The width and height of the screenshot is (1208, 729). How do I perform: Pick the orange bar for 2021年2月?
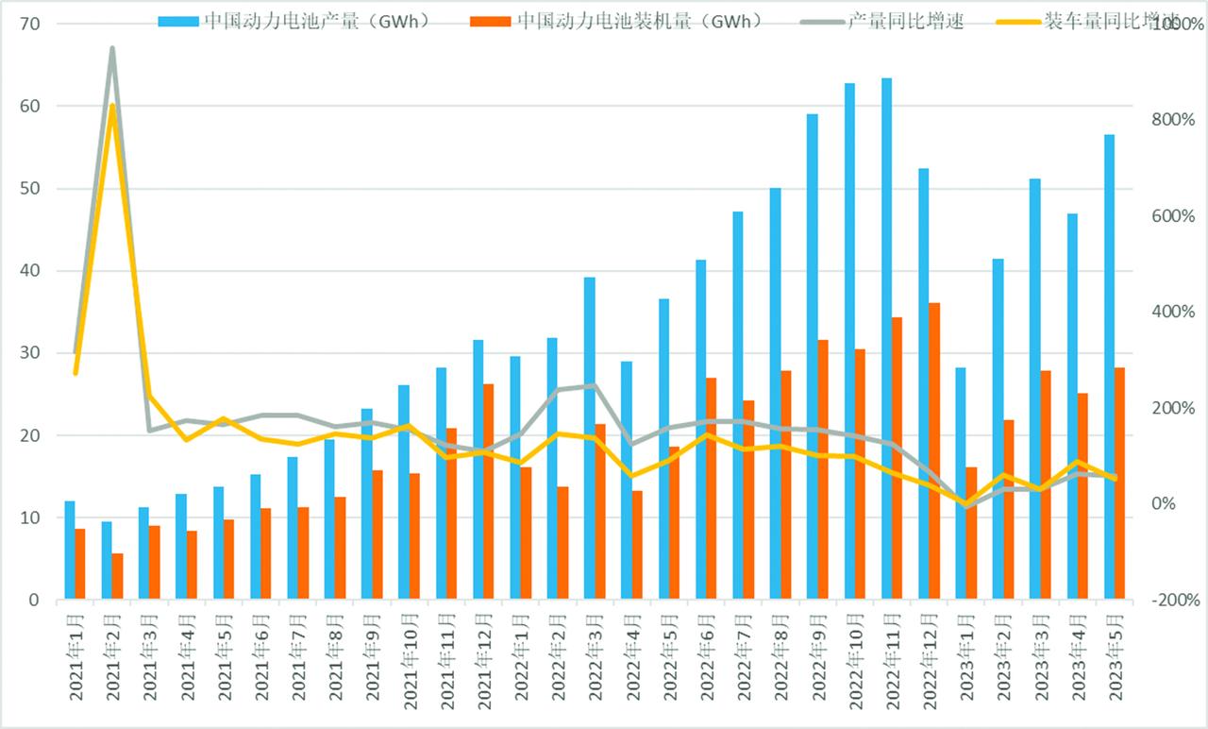point(117,576)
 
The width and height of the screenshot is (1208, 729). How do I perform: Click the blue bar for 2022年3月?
point(589,438)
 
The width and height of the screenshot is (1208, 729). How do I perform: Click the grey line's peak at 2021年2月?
point(112,48)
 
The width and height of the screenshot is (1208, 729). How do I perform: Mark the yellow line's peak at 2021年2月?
point(112,105)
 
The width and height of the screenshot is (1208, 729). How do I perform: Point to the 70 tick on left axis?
point(29,23)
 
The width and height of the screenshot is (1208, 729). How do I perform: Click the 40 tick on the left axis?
point(29,271)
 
